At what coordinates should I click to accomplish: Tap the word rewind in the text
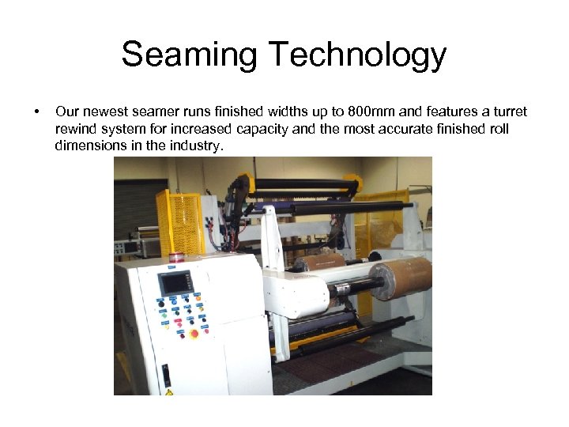point(75,129)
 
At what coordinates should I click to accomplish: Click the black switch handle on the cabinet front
point(166,376)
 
